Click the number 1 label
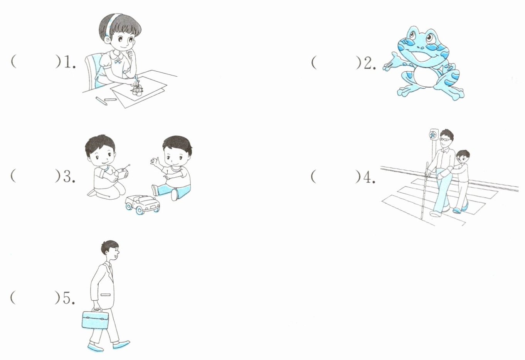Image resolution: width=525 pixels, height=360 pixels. point(70,63)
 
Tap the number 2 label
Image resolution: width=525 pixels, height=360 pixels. point(370,63)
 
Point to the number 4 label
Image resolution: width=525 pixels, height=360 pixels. point(369,177)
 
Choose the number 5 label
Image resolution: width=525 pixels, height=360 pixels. point(69,298)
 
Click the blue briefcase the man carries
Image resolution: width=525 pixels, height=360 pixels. point(95,319)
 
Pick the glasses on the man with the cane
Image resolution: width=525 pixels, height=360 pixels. point(444,139)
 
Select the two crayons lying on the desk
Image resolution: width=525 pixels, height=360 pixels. point(106,101)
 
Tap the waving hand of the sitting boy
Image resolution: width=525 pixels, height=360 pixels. point(155,162)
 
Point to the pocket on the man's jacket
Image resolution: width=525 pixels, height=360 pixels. point(105,294)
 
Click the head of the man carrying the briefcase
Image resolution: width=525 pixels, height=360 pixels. point(110,250)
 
